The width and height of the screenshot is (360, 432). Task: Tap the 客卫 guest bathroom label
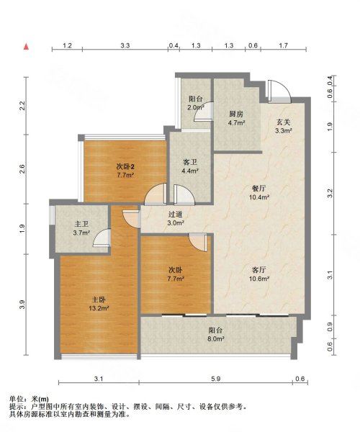tap(189, 162)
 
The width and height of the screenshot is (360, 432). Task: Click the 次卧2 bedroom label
tap(126, 167)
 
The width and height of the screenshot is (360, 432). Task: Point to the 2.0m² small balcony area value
tap(196, 109)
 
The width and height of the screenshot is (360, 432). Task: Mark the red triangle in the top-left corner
tap(26, 47)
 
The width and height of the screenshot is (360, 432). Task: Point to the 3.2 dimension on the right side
tap(330, 194)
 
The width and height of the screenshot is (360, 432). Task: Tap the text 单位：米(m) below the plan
tap(29, 399)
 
